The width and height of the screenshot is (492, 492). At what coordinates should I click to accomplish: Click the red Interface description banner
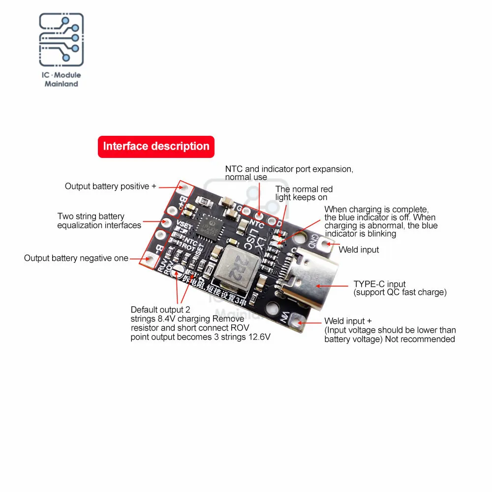pos(156,147)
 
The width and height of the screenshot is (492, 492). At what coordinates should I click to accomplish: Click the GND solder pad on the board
pos(328,243)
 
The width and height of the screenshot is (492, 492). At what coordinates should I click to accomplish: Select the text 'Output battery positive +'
pos(110,186)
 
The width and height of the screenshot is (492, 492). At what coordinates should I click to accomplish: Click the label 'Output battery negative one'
pos(76,258)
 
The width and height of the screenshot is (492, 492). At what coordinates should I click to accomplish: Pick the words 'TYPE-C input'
pos(379,284)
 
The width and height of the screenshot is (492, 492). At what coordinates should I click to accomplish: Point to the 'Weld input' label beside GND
pos(359,250)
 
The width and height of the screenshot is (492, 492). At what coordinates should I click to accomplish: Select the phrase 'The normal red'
pos(304,189)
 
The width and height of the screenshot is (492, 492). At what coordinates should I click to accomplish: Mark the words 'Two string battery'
pos(91,216)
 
